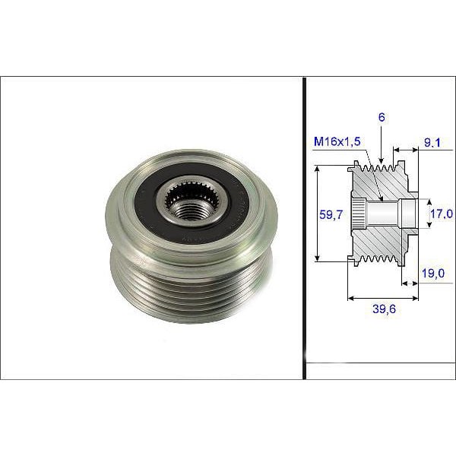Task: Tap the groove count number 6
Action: click(380, 117)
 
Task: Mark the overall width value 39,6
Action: click(384, 309)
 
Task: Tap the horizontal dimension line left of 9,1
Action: click(404, 150)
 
